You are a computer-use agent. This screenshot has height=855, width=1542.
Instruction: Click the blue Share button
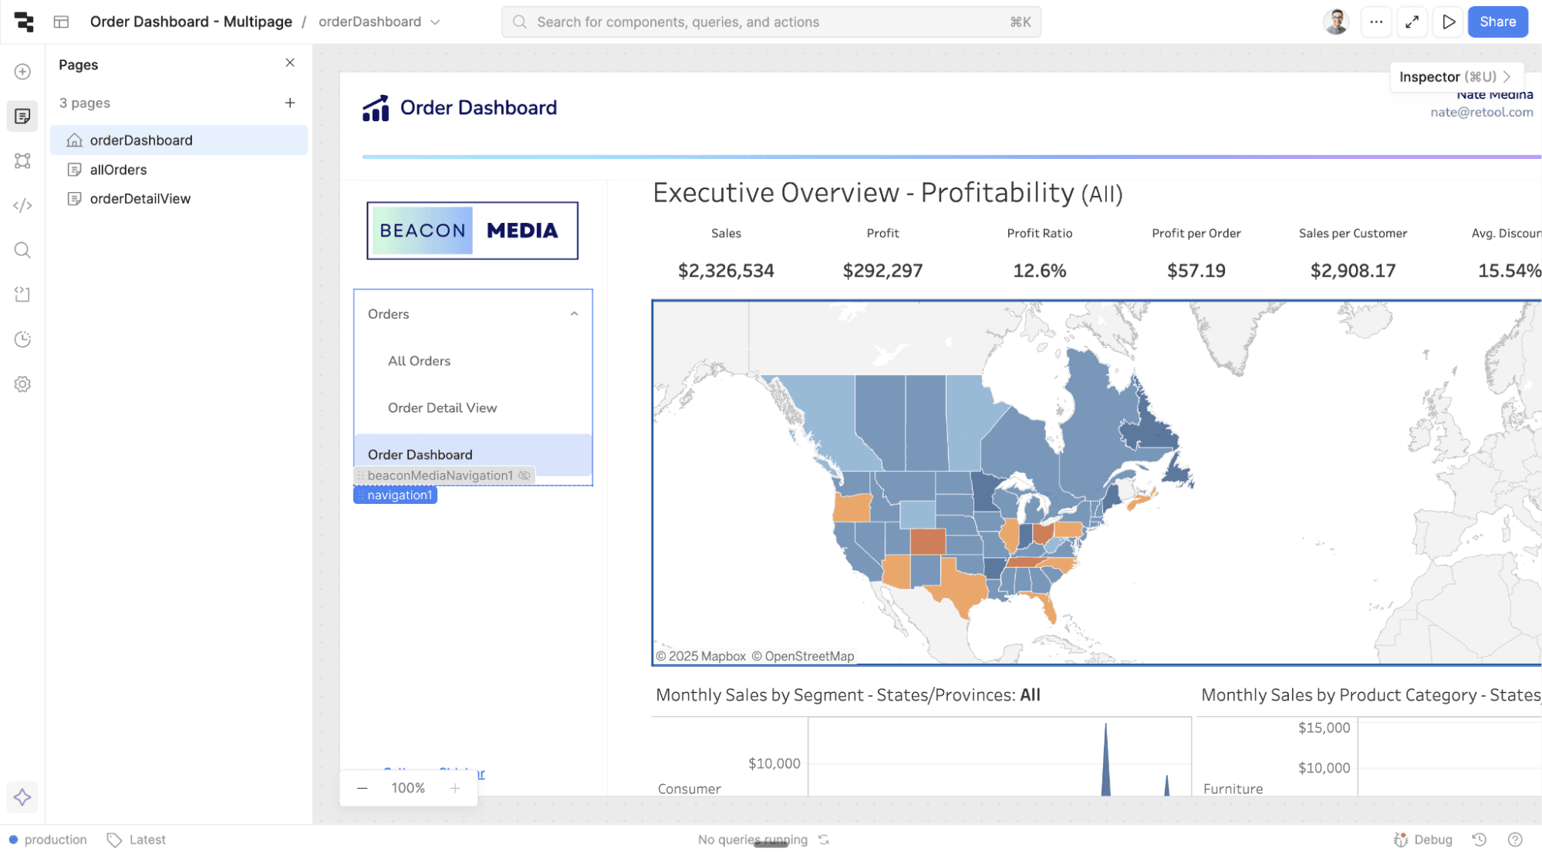click(1497, 22)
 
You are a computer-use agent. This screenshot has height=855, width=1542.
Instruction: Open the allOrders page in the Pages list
click(118, 170)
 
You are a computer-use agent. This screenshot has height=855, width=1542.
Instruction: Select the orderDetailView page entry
click(140, 199)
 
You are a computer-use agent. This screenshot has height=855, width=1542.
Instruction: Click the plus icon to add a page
click(290, 103)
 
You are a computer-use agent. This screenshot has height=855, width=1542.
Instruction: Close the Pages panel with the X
click(290, 63)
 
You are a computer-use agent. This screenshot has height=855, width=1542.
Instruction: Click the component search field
click(771, 22)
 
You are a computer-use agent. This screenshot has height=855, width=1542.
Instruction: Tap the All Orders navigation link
click(419, 361)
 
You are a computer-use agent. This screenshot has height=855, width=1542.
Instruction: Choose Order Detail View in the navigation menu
click(442, 408)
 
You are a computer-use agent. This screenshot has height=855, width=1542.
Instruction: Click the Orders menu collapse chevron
click(574, 314)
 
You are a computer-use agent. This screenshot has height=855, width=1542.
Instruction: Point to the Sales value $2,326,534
click(725, 271)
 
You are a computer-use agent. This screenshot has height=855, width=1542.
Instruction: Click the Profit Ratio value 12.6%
click(1039, 271)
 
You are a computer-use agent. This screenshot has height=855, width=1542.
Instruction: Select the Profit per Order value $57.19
click(1196, 271)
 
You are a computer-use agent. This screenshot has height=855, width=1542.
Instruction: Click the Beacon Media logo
click(472, 231)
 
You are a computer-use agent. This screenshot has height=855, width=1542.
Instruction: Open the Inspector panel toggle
click(1455, 76)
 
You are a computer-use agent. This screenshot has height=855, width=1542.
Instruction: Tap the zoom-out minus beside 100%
click(363, 788)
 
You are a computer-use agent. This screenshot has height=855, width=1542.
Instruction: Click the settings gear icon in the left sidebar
click(22, 384)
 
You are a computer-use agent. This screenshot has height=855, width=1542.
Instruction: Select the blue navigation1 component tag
click(396, 495)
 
